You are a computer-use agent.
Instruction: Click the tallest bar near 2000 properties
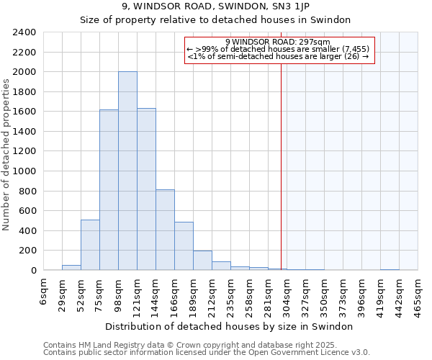click(x=127, y=171)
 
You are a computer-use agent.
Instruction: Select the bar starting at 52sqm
click(x=90, y=245)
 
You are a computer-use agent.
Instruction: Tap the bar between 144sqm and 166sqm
click(x=165, y=230)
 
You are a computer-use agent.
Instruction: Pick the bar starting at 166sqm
click(x=184, y=246)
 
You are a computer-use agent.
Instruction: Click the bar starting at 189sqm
click(x=202, y=261)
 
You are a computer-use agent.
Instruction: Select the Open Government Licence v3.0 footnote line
click(x=207, y=353)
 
